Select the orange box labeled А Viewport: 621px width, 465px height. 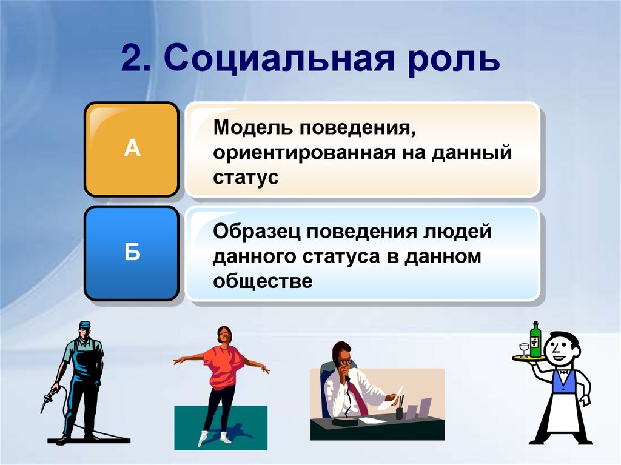pos(132,149)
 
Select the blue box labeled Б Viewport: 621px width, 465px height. pos(132,253)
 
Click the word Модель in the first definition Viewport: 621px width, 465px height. pos(249,128)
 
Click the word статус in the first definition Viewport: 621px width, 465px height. pos(246,178)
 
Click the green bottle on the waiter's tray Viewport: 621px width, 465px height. pos(535,340)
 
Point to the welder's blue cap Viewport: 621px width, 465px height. pos(84,325)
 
